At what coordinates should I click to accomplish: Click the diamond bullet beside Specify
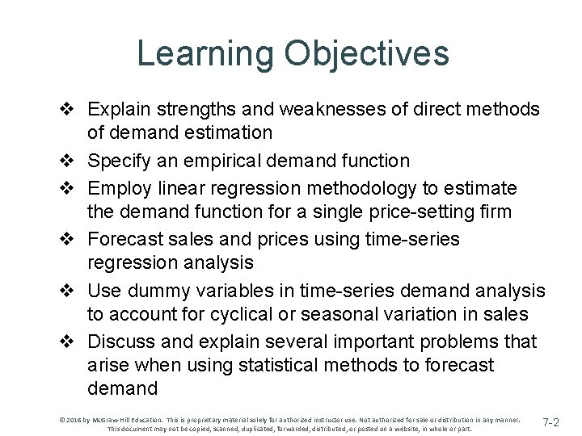[x=71, y=161]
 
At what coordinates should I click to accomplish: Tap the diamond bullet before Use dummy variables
[x=71, y=291]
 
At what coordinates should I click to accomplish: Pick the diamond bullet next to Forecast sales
[x=71, y=239]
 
